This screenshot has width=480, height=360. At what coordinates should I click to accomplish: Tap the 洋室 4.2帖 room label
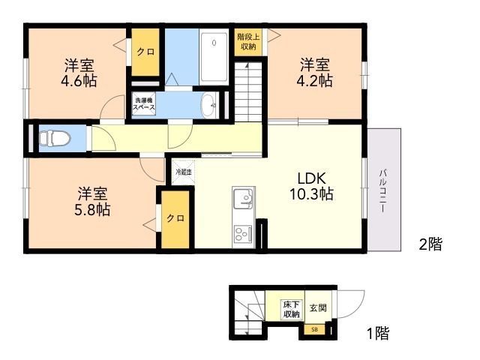coord(316,73)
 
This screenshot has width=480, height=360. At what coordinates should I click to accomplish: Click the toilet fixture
coord(55,139)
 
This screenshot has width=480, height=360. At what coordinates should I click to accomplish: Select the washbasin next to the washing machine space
coord(209,106)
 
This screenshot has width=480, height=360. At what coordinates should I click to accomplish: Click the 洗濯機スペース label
coord(144,104)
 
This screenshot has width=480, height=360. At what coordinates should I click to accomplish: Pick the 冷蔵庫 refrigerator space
coord(183,172)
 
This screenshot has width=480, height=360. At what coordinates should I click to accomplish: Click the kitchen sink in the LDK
coord(243,199)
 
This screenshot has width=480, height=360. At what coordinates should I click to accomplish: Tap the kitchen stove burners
coord(244,234)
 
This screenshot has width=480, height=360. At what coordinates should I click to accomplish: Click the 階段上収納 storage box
coord(247,41)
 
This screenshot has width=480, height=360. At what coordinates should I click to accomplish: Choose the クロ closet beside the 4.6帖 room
coord(145,52)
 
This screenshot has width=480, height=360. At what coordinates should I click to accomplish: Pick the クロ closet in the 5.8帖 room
coord(175,218)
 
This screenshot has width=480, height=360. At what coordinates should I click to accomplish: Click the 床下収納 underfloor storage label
coord(291,309)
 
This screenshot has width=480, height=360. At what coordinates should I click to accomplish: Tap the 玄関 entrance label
coord(317,308)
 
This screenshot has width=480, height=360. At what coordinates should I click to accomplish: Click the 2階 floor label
coord(430,244)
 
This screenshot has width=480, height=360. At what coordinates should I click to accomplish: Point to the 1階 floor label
coord(377,333)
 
